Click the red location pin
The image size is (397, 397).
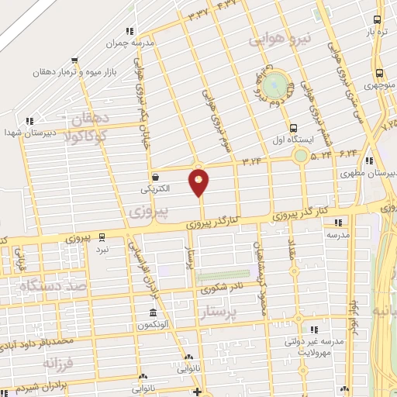point(199,182)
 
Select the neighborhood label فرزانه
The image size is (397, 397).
point(59,363)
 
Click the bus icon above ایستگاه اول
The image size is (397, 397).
point(292,129)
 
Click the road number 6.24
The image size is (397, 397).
point(347,154)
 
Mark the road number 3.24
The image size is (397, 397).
point(253,161)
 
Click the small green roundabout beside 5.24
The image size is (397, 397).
point(300,156)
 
